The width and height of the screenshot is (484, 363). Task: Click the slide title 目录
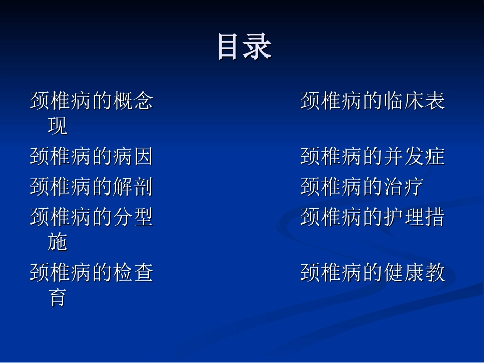(x=244, y=47)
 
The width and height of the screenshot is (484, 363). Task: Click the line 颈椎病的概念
(x=91, y=101)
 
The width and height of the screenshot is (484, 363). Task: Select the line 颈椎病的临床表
(x=372, y=101)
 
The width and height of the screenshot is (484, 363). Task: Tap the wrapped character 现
(x=58, y=126)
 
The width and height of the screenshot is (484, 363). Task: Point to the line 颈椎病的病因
(x=91, y=156)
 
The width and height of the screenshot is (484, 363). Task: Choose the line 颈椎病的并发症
(x=372, y=156)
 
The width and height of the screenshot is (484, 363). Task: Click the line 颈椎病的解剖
(x=91, y=187)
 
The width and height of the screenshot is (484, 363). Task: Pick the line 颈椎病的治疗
(x=362, y=187)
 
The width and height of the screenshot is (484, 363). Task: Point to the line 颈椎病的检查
(x=91, y=273)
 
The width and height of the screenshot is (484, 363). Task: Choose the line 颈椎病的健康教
(x=372, y=273)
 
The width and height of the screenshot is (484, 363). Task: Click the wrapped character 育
(x=58, y=298)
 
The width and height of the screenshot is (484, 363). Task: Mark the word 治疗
(x=403, y=187)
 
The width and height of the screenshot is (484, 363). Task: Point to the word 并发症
(x=414, y=156)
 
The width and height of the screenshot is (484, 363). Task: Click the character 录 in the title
(x=258, y=47)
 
